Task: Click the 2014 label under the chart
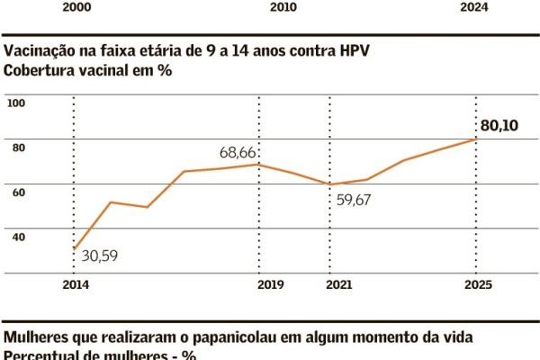[x=71, y=285]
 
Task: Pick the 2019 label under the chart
[x=271, y=285]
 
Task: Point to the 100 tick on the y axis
[x=16, y=103]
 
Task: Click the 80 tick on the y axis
[x=19, y=148]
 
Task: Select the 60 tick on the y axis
[x=19, y=192]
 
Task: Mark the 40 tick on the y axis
[x=19, y=236]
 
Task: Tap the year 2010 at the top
[x=283, y=6]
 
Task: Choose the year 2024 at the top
[x=499, y=6]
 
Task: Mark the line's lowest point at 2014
[x=73, y=248]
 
